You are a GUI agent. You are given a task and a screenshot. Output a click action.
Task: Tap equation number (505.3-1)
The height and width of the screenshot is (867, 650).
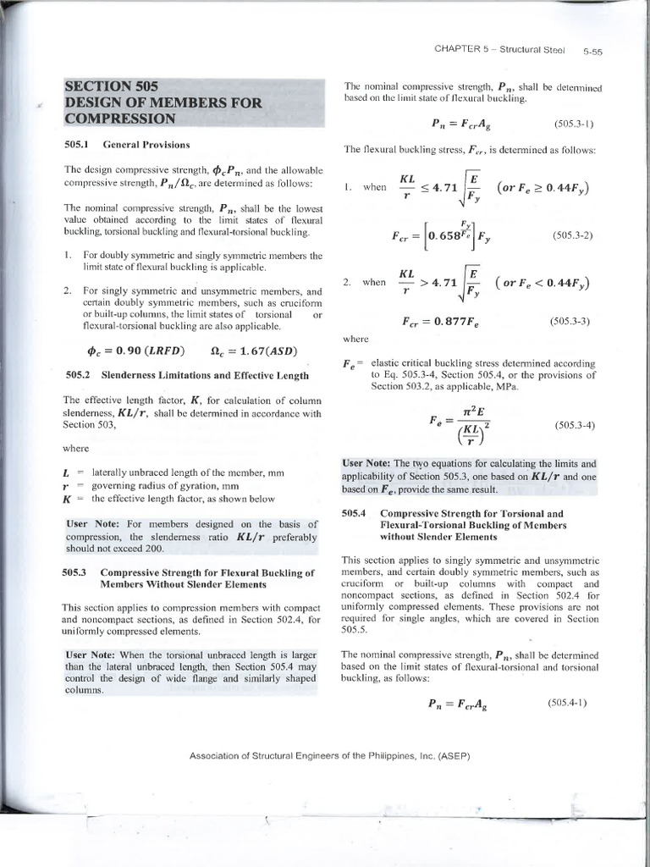pos(574,124)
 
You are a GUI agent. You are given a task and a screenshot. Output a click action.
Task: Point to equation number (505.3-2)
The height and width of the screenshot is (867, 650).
pos(572,235)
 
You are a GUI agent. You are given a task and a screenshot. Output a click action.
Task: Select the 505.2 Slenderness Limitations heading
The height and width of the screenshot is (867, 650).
pos(186,374)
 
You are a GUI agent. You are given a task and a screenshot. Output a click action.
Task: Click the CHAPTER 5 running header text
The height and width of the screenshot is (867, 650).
pos(499,49)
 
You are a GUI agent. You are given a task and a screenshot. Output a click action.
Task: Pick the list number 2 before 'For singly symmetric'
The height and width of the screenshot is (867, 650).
pos(67,290)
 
